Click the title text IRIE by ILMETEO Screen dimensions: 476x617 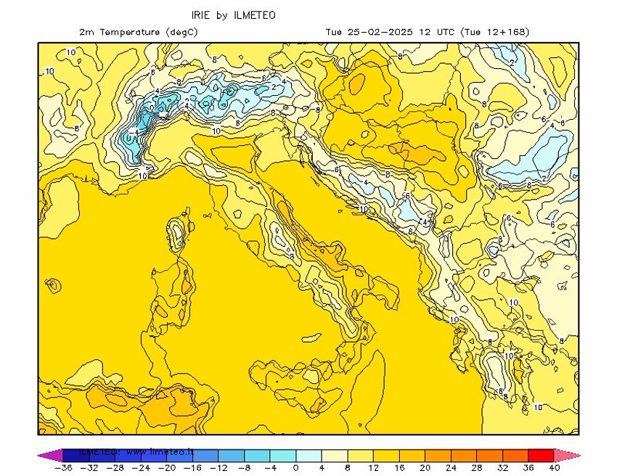tap(233, 15)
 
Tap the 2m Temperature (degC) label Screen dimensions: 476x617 tap(138, 32)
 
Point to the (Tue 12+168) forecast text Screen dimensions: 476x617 tap(496, 32)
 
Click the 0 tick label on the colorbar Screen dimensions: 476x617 tap(295, 468)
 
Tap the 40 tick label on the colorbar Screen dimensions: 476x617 tap(555, 468)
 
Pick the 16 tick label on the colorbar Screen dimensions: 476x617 tap(399, 468)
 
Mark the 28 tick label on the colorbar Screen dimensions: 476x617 tap(477, 468)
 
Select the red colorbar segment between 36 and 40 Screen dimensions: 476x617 tap(542, 456)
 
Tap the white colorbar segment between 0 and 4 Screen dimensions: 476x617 tap(308, 456)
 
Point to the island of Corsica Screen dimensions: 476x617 tap(176, 235)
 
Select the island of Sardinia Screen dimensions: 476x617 tap(171, 297)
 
